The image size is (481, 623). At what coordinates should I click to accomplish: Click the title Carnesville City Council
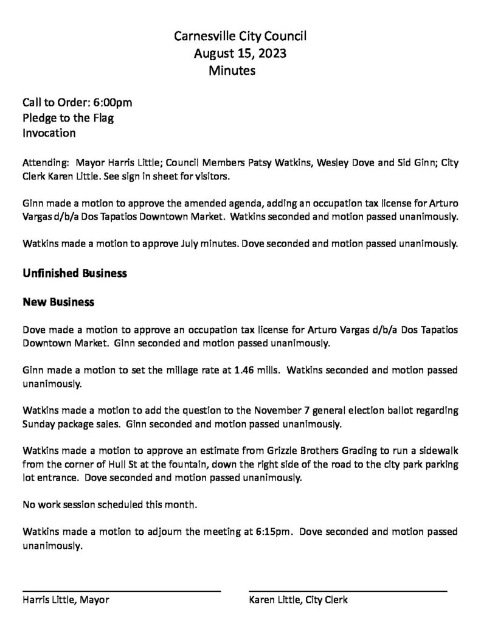[x=240, y=37]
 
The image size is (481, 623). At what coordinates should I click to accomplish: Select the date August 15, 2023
[x=240, y=54]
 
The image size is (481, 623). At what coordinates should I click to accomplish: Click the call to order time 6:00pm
[x=112, y=102]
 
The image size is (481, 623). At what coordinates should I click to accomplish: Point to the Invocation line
[x=49, y=133]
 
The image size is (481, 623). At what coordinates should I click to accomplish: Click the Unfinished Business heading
[x=75, y=273]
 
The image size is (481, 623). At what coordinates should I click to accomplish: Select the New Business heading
[x=58, y=302]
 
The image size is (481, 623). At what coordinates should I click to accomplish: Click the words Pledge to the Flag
[x=68, y=117]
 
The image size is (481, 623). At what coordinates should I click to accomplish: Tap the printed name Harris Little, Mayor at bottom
[x=66, y=600]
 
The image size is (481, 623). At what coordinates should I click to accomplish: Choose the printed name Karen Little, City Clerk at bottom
[x=298, y=600]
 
